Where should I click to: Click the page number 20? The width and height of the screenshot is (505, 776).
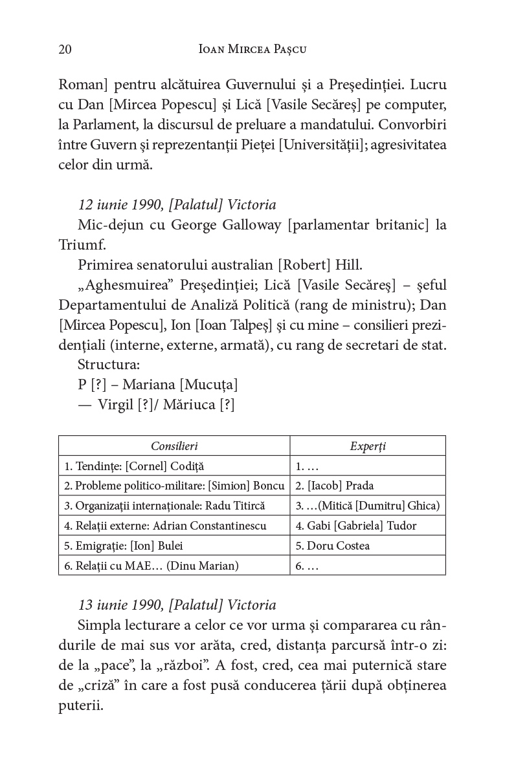(x=65, y=49)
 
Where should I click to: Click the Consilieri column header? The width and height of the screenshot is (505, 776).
(x=174, y=446)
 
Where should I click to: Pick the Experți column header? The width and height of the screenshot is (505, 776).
(x=368, y=446)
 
